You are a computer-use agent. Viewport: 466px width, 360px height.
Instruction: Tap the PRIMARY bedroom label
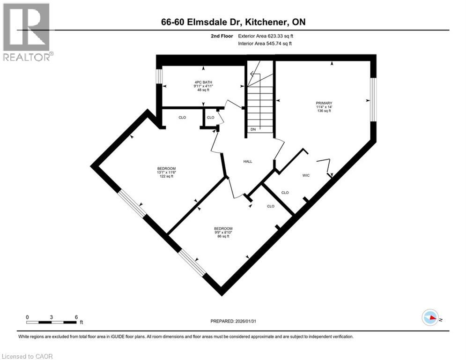tap(324, 103)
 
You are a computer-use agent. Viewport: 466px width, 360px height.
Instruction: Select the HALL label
tap(248, 161)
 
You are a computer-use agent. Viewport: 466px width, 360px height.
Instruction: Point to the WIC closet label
tap(306, 175)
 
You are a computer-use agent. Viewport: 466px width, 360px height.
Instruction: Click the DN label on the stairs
tap(253, 129)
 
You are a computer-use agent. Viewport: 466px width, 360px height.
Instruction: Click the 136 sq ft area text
tap(324, 111)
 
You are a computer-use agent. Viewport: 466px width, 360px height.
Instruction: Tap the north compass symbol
tap(430, 317)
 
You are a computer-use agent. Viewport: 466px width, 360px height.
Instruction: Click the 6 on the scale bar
tap(76, 317)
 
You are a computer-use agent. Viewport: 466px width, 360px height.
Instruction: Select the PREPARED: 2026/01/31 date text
tap(234, 321)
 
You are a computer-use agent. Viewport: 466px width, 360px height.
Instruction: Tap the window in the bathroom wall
tap(159, 82)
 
